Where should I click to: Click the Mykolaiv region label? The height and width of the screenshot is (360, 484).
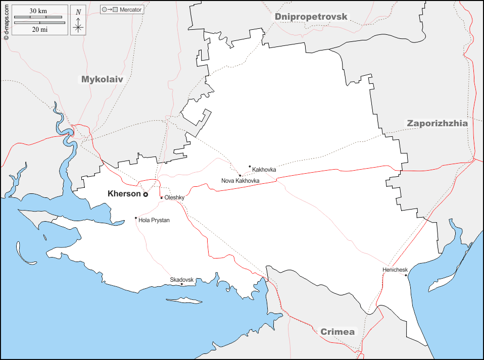[x=102, y=79]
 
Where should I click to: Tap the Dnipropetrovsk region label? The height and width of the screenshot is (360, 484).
[x=311, y=17]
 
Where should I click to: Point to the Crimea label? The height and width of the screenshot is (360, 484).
[x=337, y=332]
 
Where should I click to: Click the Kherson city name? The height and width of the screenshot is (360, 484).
[x=124, y=193]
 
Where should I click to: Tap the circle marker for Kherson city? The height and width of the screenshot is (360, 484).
[x=146, y=194]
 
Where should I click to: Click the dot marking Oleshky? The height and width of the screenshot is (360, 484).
[x=162, y=197]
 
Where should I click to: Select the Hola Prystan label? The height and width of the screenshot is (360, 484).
[x=154, y=220]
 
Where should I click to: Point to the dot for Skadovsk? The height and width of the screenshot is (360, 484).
[x=182, y=284]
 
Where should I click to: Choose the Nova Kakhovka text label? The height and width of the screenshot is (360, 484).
[x=240, y=181]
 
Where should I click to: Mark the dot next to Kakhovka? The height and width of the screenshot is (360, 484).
[x=250, y=166]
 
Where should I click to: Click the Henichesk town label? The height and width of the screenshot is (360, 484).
[x=395, y=270]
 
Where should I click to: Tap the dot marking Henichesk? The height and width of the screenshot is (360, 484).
[x=406, y=275]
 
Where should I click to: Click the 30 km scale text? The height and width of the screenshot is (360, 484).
[x=38, y=11]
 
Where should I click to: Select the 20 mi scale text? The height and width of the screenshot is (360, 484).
[x=39, y=29]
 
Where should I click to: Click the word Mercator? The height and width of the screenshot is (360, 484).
[x=130, y=10]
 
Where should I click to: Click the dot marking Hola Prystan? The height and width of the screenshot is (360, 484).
[x=135, y=218]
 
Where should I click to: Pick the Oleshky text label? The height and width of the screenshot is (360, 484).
[x=174, y=198]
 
